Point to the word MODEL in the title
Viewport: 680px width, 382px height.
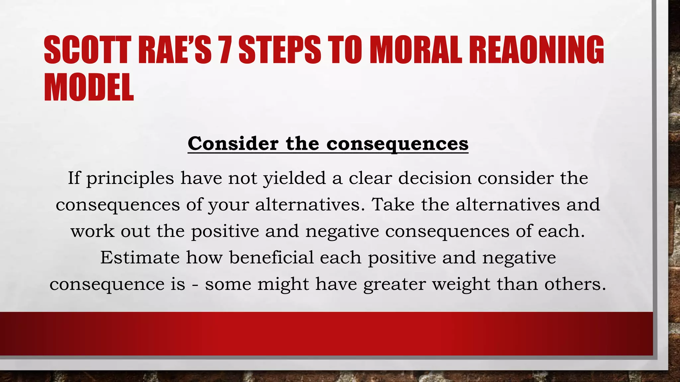89,87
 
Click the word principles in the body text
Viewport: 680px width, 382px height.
130,179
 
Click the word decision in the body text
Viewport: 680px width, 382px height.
435,178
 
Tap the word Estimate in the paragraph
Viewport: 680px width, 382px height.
140,257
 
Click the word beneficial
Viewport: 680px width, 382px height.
271,257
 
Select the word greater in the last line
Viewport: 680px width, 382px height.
394,285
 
